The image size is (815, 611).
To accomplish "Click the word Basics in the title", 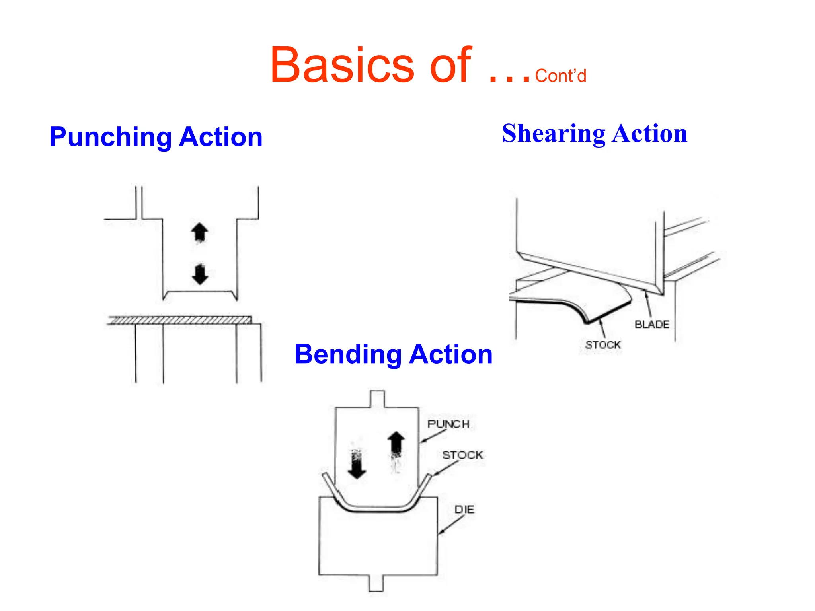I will click(x=342, y=66).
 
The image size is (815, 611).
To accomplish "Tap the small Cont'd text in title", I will click(x=560, y=76).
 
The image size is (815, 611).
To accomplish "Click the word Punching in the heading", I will click(x=111, y=137).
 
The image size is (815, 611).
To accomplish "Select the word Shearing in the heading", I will click(x=553, y=134).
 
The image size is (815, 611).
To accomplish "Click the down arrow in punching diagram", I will click(x=200, y=274).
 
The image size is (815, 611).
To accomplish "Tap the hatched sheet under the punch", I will click(x=179, y=320).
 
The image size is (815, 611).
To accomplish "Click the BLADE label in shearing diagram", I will click(x=652, y=325).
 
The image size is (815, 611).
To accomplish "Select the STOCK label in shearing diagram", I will click(x=603, y=345).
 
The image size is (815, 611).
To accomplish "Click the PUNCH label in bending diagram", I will click(x=448, y=424).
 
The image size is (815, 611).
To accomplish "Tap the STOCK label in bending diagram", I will click(x=462, y=455).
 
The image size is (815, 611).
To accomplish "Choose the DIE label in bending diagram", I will click(x=464, y=510).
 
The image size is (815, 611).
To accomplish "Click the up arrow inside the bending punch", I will click(x=396, y=444).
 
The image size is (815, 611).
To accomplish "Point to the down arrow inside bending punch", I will click(x=357, y=465).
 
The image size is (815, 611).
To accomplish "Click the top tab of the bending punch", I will click(x=377, y=399).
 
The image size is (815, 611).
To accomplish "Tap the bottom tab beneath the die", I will click(x=376, y=584).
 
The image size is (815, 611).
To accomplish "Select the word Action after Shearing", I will click(x=649, y=134).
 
